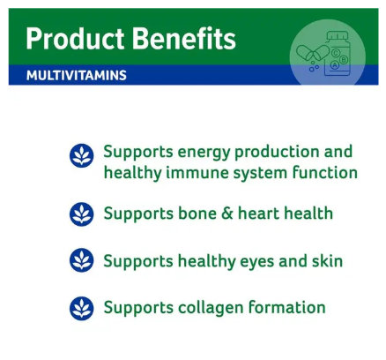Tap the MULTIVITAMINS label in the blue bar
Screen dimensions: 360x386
76,76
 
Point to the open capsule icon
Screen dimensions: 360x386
309,54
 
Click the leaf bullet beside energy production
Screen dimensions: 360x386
81,156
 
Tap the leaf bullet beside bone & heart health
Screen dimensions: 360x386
81,214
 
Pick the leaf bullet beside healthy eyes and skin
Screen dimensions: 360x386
81,261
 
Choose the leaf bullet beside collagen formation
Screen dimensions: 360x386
81,308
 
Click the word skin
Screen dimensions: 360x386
325,261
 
